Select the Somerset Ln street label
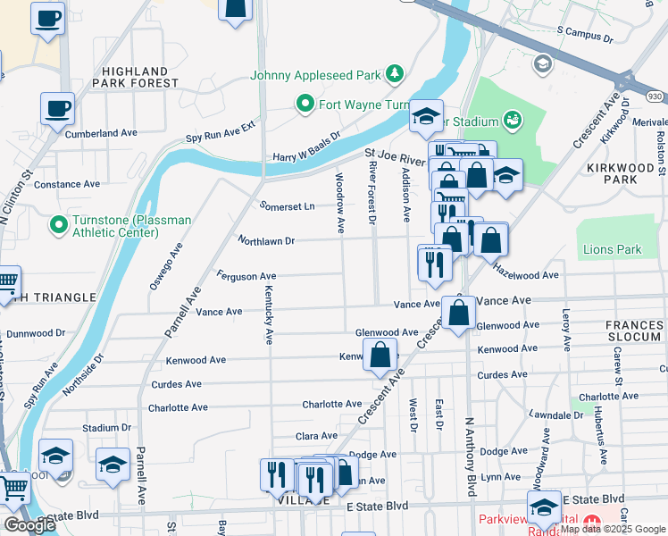click(287, 205)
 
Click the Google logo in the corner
click(29, 525)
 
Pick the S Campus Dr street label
click(585, 35)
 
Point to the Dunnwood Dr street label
click(36, 333)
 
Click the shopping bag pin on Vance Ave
click(459, 314)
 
